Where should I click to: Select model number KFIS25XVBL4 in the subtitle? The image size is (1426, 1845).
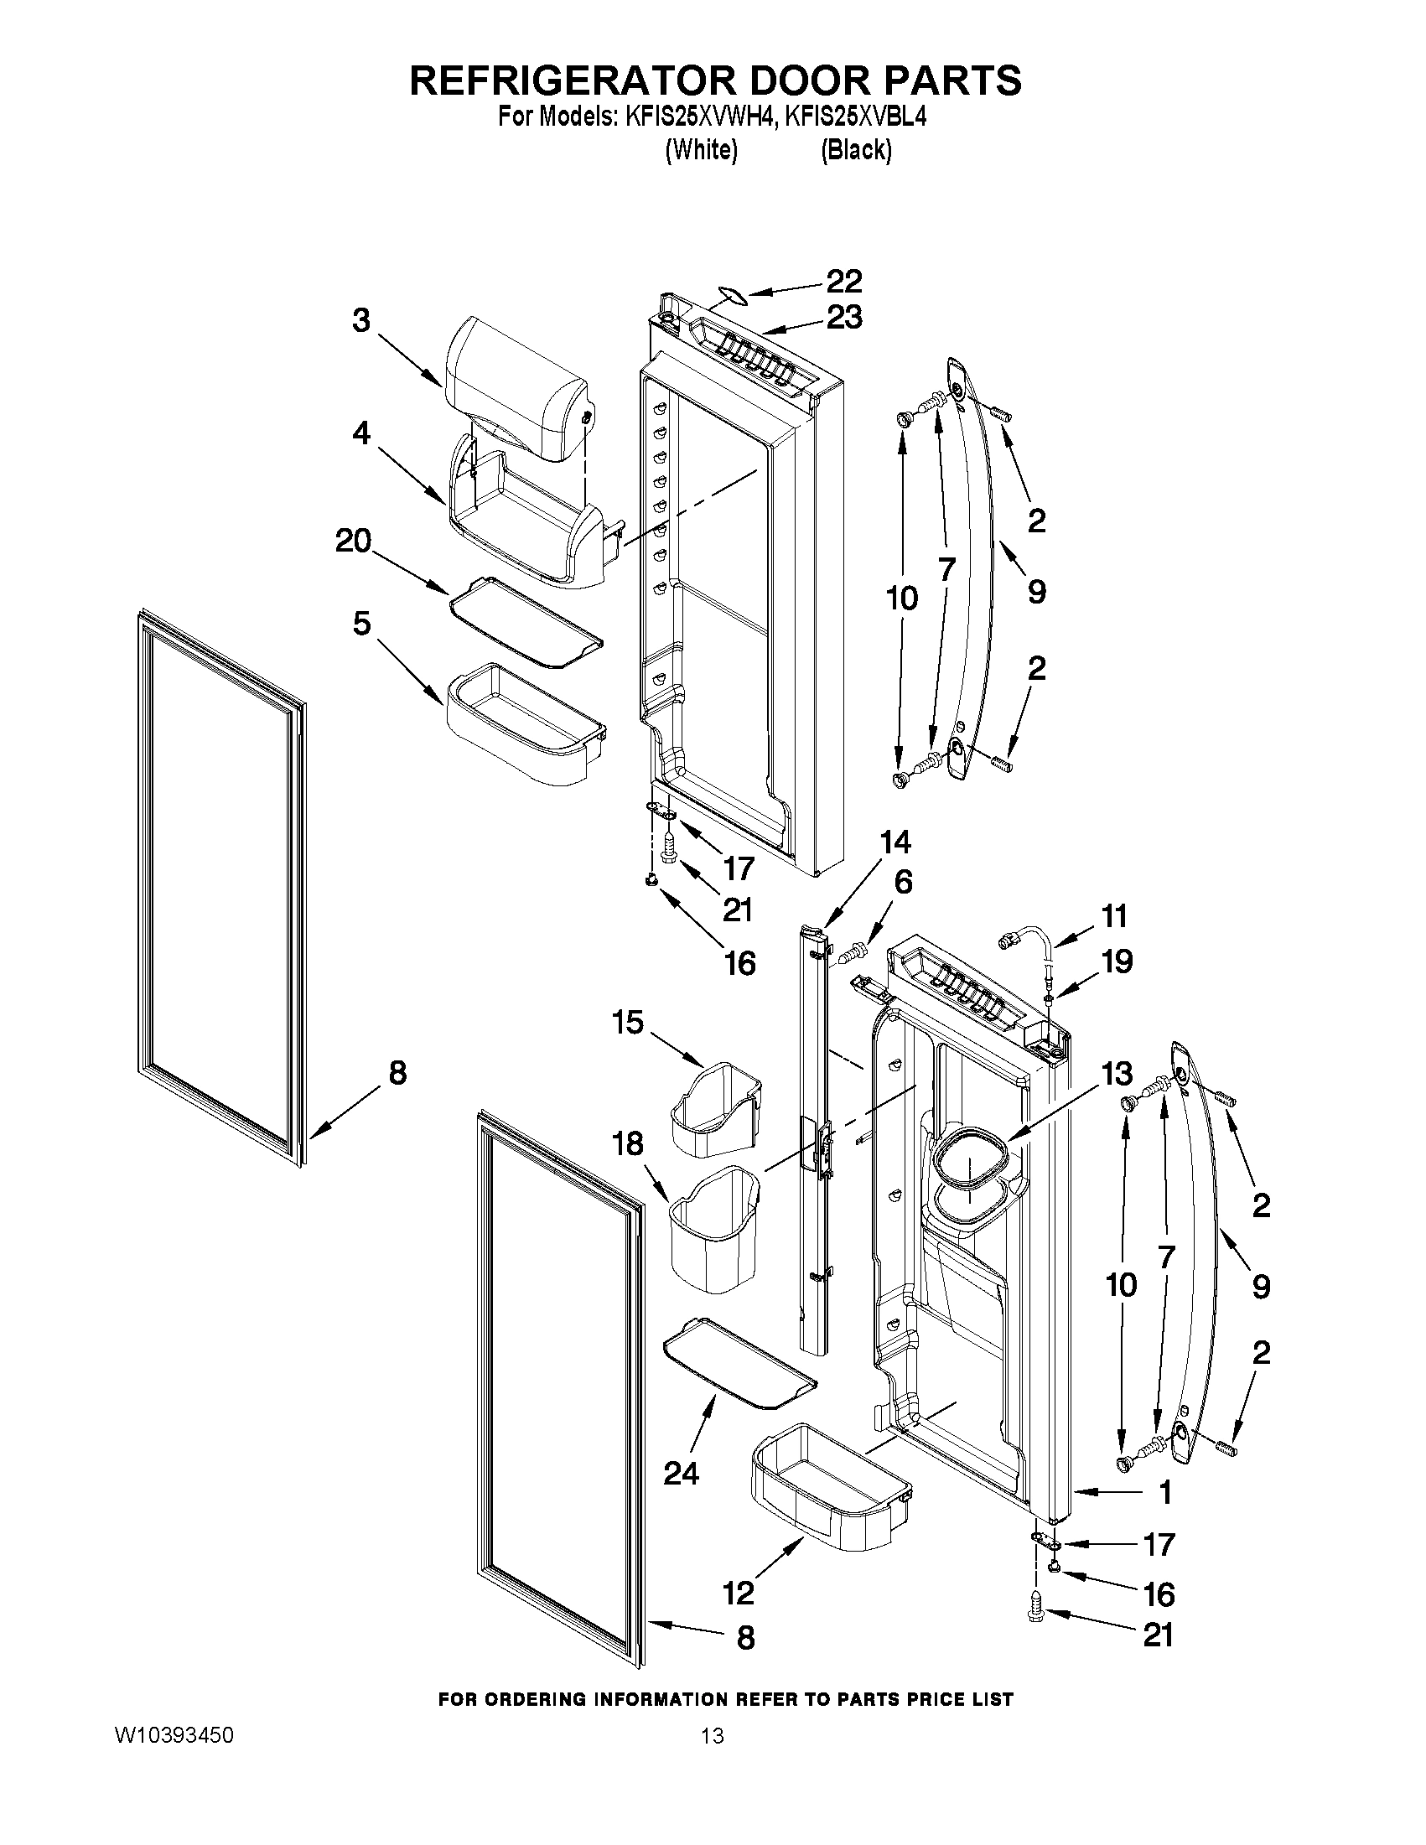tap(855, 117)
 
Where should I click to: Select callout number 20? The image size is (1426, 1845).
tap(353, 542)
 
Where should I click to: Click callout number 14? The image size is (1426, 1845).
tap(895, 842)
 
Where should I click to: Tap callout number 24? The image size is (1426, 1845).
tap(681, 1474)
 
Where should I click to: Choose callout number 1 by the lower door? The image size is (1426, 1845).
tap(1165, 1493)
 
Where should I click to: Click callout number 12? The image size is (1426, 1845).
tap(739, 1594)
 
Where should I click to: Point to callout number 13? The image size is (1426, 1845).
tap(1117, 1074)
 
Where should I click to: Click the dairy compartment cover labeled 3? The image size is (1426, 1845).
tap(516, 389)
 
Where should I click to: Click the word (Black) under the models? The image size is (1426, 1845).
tap(856, 150)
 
